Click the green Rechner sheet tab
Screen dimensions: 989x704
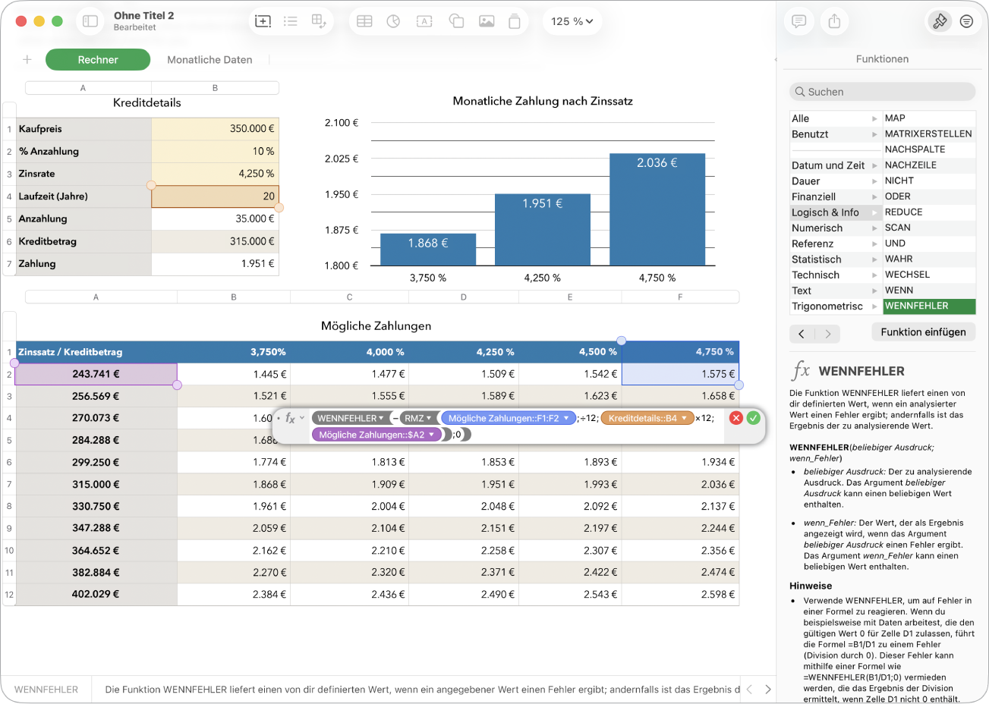98,60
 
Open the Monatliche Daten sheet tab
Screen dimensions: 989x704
209,60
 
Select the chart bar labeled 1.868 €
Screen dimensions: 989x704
428,250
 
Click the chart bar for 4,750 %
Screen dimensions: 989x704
657,209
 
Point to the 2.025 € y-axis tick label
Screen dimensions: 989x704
342,159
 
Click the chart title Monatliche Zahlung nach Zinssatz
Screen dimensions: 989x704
543,101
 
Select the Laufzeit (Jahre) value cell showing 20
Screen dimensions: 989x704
215,196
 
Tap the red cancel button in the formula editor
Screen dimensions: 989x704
736,417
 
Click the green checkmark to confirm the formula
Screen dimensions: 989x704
753,417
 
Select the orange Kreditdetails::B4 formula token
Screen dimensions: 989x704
647,418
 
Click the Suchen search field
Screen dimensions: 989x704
882,92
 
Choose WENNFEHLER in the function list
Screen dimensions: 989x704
929,306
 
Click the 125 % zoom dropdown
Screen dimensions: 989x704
572,21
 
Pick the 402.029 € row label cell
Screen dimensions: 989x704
96,594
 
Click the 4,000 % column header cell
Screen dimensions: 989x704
349,352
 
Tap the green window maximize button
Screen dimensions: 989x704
57,21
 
